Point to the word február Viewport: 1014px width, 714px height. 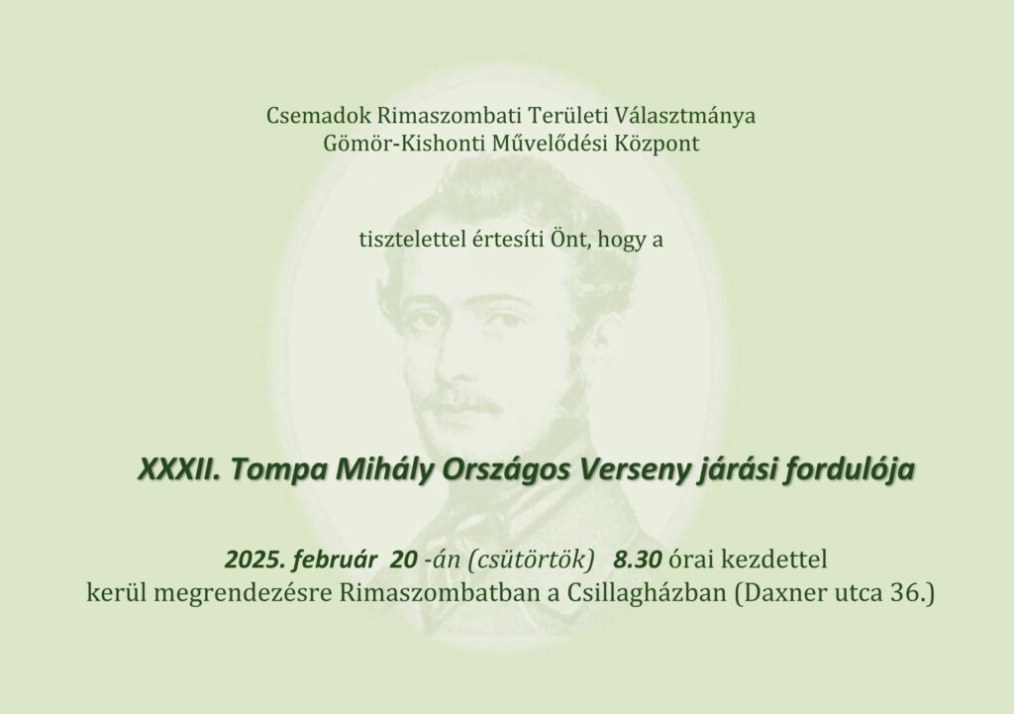click(x=335, y=559)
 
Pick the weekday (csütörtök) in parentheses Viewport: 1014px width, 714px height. click(x=534, y=560)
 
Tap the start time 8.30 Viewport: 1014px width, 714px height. click(x=638, y=559)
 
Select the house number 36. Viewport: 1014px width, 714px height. click(x=911, y=593)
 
